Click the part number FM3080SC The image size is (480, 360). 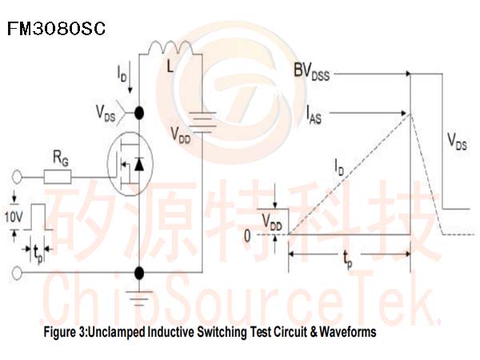pyautogui.click(x=56, y=29)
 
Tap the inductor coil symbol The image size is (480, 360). pyautogui.click(x=170, y=47)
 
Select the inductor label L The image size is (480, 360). pyautogui.click(x=170, y=66)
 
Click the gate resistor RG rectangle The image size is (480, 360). pyautogui.click(x=58, y=177)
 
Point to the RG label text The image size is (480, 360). pyautogui.click(x=61, y=158)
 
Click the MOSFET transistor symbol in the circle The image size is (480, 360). pyautogui.click(x=130, y=164)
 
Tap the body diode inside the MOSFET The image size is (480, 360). pyautogui.click(x=139, y=164)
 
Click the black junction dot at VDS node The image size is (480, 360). pyautogui.click(x=139, y=113)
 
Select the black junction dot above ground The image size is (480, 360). pyautogui.click(x=139, y=273)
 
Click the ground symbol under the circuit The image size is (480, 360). pyautogui.click(x=139, y=298)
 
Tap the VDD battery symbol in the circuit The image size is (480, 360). pyautogui.click(x=202, y=122)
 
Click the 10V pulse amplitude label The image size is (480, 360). pyautogui.click(x=14, y=217)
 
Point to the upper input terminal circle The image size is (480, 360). pyautogui.click(x=17, y=178)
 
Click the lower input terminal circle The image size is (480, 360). pyautogui.click(x=17, y=273)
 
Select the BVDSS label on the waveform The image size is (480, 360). pyautogui.click(x=312, y=72)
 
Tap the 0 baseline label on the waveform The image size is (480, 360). pyautogui.click(x=247, y=236)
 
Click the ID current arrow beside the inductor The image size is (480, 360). pyautogui.click(x=130, y=77)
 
